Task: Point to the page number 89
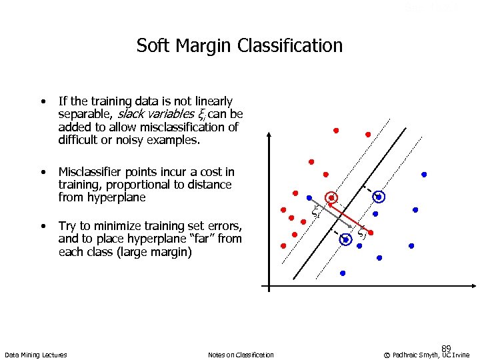(447, 348)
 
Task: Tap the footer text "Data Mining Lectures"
(35, 355)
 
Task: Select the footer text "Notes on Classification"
(241, 355)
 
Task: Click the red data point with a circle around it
(331, 198)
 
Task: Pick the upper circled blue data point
(379, 197)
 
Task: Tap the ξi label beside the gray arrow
(317, 213)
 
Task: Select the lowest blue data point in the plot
(343, 273)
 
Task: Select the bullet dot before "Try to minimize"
(42, 226)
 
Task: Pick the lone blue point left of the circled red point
(308, 198)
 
